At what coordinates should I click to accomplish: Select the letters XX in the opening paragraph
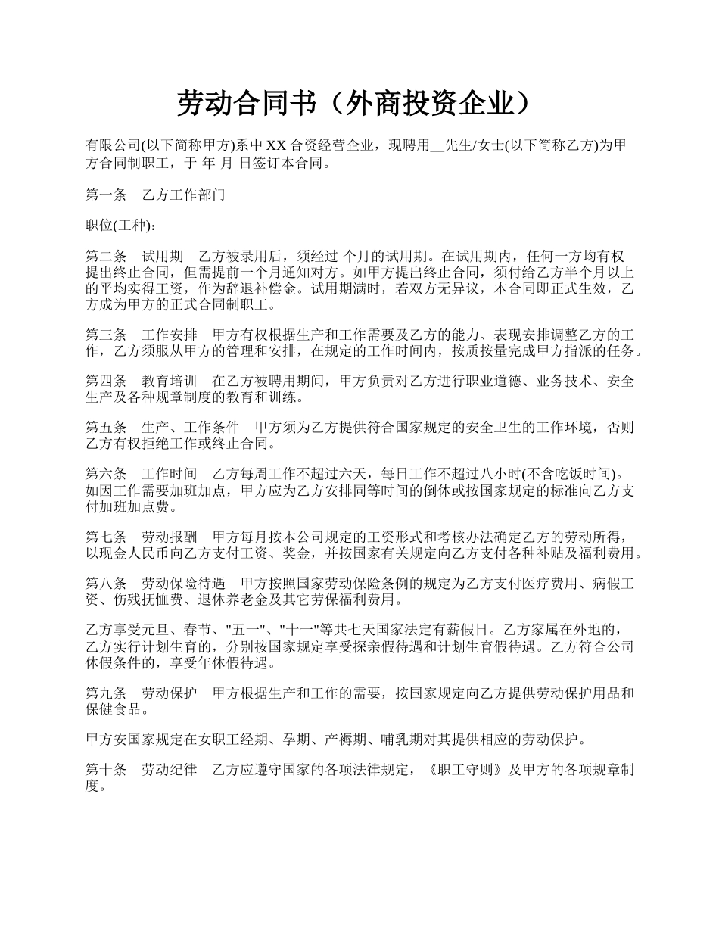pos(276,145)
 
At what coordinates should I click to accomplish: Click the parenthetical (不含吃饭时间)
pos(569,474)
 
